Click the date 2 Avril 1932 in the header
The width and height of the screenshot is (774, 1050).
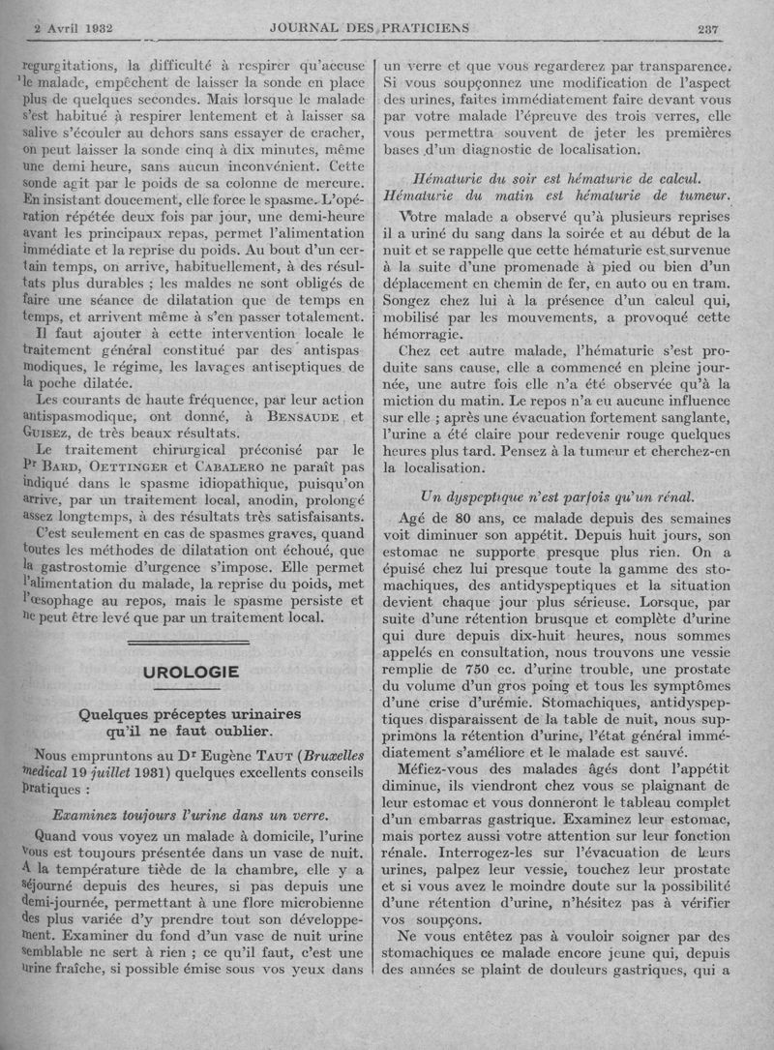74,28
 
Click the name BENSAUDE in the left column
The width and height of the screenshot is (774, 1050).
289,417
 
